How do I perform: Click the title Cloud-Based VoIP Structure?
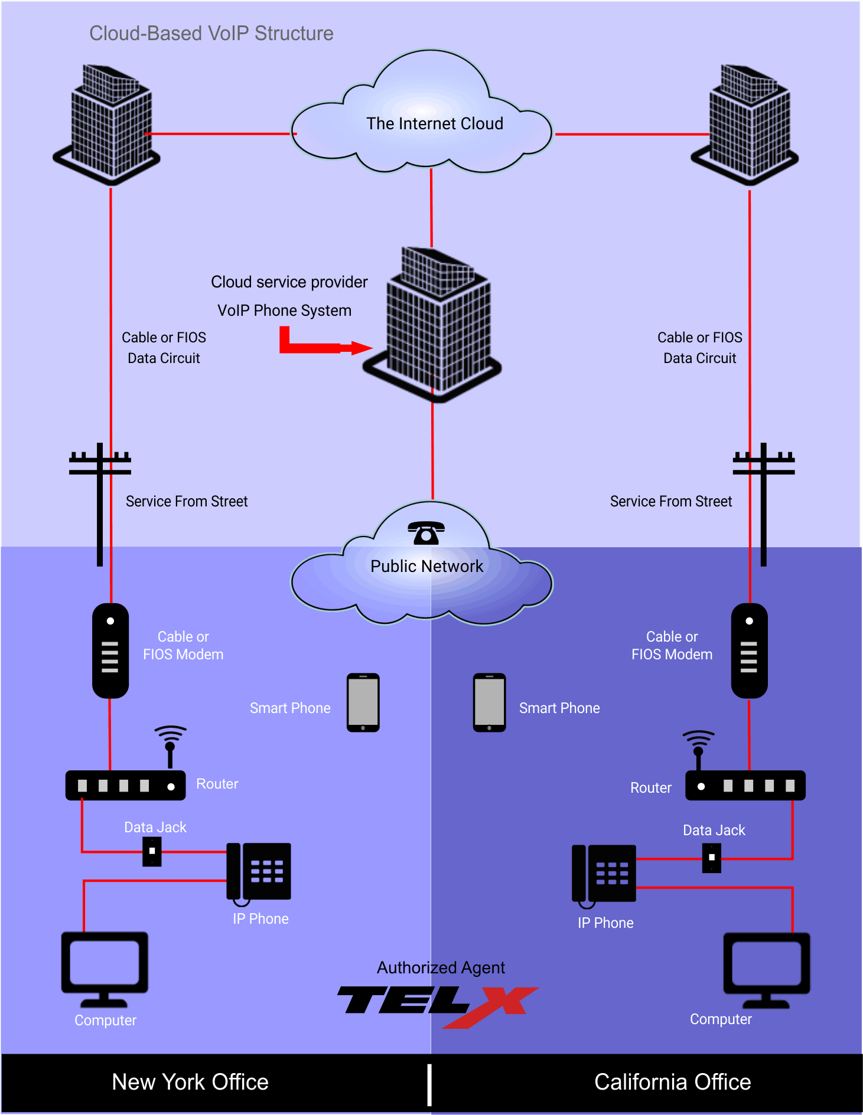point(211,34)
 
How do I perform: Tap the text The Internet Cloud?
point(434,123)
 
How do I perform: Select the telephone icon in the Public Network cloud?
point(426,533)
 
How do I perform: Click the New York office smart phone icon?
point(363,702)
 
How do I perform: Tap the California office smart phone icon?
point(489,702)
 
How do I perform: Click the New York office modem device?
point(110,650)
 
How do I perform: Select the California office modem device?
point(749,650)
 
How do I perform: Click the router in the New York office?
point(125,786)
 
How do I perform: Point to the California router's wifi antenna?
point(698,747)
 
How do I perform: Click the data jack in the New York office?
point(152,851)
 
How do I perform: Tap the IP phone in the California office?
point(604,874)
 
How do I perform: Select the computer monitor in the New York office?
point(105,968)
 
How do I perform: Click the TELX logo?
point(437,1003)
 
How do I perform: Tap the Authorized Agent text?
point(441,967)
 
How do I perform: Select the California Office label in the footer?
point(672,1082)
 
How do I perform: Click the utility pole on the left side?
point(100,502)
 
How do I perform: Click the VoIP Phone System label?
point(284,310)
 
